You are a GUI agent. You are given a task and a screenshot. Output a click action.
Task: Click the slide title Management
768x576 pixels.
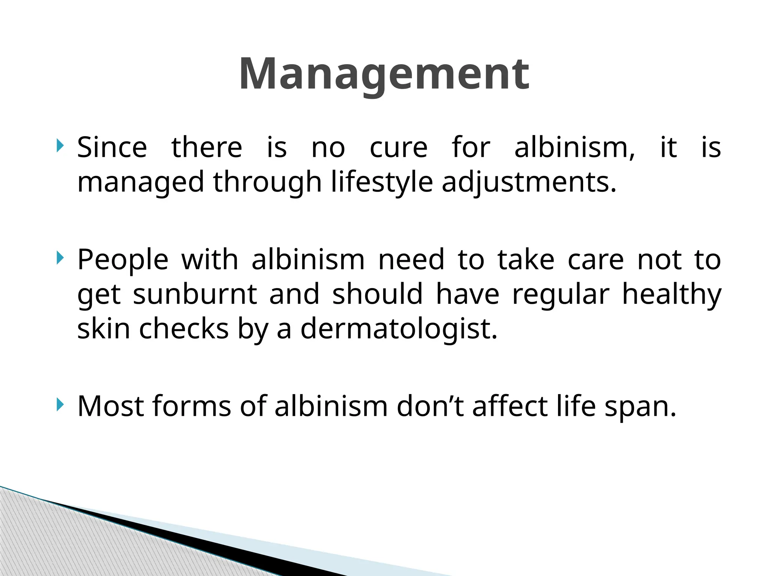tap(384, 74)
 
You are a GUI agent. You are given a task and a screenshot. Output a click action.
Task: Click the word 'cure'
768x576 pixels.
tap(398, 147)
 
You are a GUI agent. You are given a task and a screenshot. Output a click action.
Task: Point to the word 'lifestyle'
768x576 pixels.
tap(382, 183)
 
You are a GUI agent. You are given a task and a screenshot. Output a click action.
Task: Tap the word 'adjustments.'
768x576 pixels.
tap(529, 183)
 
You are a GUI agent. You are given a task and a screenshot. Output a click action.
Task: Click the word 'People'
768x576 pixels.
tap(123, 260)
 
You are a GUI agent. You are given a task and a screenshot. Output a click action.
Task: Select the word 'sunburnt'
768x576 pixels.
tap(195, 294)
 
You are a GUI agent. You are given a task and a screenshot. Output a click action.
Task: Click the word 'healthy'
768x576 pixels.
tap(672, 294)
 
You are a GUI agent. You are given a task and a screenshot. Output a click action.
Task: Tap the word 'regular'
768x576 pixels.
tap(561, 294)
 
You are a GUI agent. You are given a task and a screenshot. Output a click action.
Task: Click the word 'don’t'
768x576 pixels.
tap(430, 406)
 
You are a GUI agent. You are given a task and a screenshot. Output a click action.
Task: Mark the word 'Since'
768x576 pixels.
tap(112, 147)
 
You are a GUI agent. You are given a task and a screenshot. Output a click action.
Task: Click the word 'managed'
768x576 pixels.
tap(141, 183)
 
